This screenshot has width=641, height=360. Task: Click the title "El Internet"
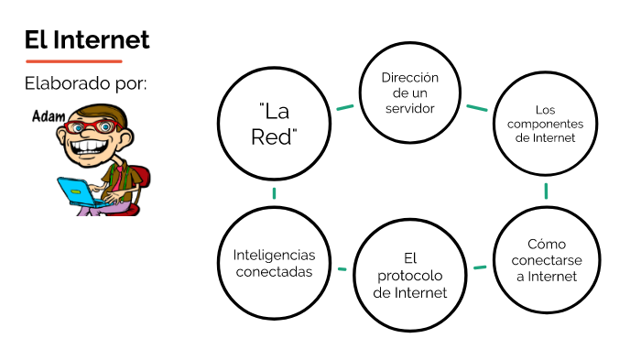tap(87, 40)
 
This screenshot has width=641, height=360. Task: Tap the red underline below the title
tap(73, 61)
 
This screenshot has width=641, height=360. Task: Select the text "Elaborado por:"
tap(86, 84)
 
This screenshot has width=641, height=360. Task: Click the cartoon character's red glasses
tap(93, 125)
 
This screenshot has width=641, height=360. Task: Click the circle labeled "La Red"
tap(273, 125)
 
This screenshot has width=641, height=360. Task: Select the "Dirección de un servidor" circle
tap(409, 93)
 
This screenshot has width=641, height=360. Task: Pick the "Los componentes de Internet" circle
tap(546, 124)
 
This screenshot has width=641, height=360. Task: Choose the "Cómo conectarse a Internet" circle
tap(546, 260)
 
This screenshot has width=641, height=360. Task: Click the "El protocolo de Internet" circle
tap(409, 275)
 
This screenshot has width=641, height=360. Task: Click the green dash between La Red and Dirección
tap(344, 107)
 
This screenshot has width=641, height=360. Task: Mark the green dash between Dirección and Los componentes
tap(476, 107)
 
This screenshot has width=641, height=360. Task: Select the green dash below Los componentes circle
tap(547, 191)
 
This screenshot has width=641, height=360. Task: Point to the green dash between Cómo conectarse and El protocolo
tap(479, 267)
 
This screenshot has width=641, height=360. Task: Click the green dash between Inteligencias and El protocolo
tap(342, 269)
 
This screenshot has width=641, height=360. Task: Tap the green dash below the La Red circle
tap(273, 193)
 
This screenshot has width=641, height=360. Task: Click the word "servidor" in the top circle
tap(409, 108)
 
